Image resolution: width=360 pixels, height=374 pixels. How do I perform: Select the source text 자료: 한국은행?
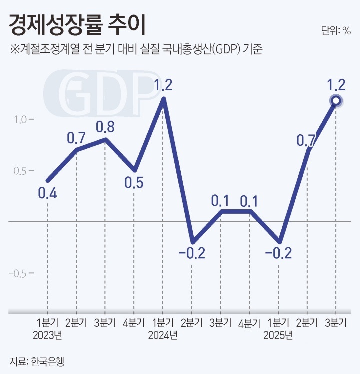tap(37, 361)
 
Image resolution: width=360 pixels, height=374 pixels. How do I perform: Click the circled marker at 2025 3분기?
tap(336, 101)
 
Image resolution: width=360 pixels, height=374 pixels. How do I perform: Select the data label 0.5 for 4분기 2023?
tap(134, 183)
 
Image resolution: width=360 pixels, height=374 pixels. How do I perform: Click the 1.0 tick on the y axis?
tap(18, 119)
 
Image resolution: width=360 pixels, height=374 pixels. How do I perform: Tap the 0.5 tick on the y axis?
tap(18, 171)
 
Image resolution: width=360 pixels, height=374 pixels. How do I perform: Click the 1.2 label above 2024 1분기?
tap(163, 85)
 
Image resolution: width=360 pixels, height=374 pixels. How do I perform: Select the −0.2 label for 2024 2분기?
tap(191, 253)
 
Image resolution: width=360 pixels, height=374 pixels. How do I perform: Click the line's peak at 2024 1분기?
tap(163, 99)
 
